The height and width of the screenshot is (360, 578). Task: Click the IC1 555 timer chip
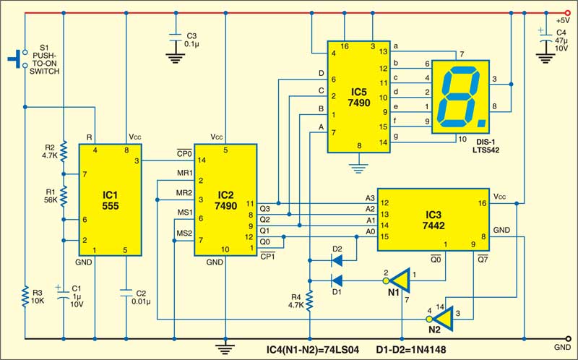click(110, 199)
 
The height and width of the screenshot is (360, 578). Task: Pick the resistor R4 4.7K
click(309, 300)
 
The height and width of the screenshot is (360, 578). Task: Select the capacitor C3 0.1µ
click(174, 40)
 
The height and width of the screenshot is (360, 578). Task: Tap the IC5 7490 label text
click(359, 97)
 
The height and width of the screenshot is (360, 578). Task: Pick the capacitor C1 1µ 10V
click(64, 294)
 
